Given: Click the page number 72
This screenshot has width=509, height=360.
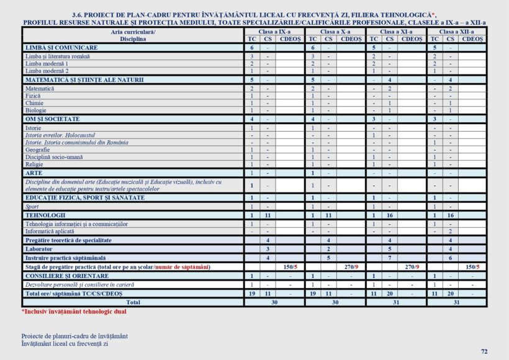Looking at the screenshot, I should pos(484,351).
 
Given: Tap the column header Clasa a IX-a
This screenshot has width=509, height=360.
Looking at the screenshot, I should pos(274,31).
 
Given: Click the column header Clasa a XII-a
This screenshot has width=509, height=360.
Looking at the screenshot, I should pos(456,31).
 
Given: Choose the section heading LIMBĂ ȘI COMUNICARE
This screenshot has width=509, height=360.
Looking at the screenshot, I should pos(61,48).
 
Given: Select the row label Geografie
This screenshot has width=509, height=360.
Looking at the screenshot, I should pos(38,150).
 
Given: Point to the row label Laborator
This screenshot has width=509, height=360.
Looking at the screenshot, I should pos(38,248).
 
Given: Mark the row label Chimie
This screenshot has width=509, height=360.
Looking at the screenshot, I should pos(35,103).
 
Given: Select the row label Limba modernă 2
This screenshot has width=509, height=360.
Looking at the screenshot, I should pos(47,71).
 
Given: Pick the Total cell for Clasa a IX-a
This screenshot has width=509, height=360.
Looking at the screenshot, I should pos(274,302).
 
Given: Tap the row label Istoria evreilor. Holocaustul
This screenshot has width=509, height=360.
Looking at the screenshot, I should pos(60,135).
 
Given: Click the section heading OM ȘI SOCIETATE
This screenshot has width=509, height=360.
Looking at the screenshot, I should pos(52,119).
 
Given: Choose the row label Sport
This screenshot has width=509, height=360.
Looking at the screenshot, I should pos(32,206).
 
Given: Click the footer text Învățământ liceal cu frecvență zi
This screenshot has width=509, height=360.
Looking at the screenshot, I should pos(65,343).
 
